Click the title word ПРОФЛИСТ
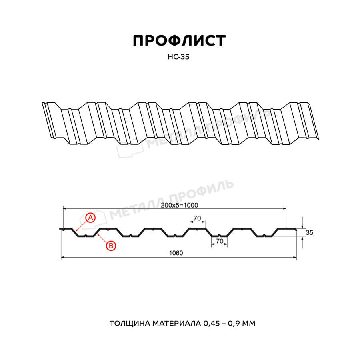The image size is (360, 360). [179, 41]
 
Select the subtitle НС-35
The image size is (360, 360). [178, 57]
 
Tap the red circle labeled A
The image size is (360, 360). [90, 218]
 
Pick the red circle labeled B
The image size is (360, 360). [111, 246]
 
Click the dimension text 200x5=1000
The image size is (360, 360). [179, 205]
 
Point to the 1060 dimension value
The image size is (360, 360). [176, 253]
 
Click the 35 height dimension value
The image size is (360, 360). [309, 232]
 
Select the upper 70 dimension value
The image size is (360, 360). [197, 218]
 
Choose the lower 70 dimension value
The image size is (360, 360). [220, 241]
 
